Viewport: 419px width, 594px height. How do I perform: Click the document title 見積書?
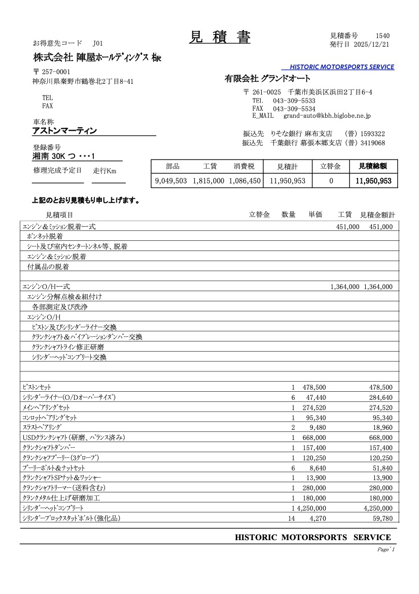point(220,37)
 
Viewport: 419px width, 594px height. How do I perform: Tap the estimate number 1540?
point(382,36)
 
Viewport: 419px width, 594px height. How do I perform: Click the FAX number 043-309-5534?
point(294,109)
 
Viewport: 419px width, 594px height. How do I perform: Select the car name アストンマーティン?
point(64,131)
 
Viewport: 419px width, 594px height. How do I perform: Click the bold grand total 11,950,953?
point(373,180)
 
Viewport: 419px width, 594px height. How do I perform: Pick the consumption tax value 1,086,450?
point(245,180)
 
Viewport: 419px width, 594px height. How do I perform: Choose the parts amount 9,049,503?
point(171,180)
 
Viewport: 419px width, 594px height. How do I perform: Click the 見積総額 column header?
point(373,166)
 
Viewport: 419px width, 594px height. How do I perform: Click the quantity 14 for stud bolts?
point(291,518)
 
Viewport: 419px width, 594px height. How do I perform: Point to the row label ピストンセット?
point(37,387)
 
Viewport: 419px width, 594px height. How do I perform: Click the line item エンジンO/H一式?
point(46,287)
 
